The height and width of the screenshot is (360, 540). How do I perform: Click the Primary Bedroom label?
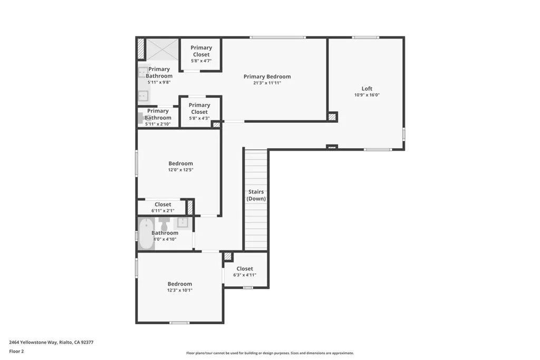(267, 76)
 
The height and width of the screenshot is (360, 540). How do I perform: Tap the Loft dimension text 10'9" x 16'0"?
(367, 95)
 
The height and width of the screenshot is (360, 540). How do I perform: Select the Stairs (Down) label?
(256, 196)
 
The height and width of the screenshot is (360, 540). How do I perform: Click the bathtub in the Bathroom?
(145, 233)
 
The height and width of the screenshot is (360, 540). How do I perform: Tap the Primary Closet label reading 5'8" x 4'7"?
(201, 51)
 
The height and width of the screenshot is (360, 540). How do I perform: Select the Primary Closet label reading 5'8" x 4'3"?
(199, 109)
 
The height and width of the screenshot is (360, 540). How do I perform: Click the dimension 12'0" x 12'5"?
(180, 170)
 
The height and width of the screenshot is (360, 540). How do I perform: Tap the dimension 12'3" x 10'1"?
(180, 290)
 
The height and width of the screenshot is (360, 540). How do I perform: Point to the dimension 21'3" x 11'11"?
(267, 83)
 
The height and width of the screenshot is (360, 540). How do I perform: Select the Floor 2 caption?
(16, 351)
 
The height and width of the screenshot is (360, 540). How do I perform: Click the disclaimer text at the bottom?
(269, 353)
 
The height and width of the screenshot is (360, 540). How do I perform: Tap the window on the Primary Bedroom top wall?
(277, 37)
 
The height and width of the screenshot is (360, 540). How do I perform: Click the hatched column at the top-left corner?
(141, 48)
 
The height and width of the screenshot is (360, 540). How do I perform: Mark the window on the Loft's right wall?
(403, 134)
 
